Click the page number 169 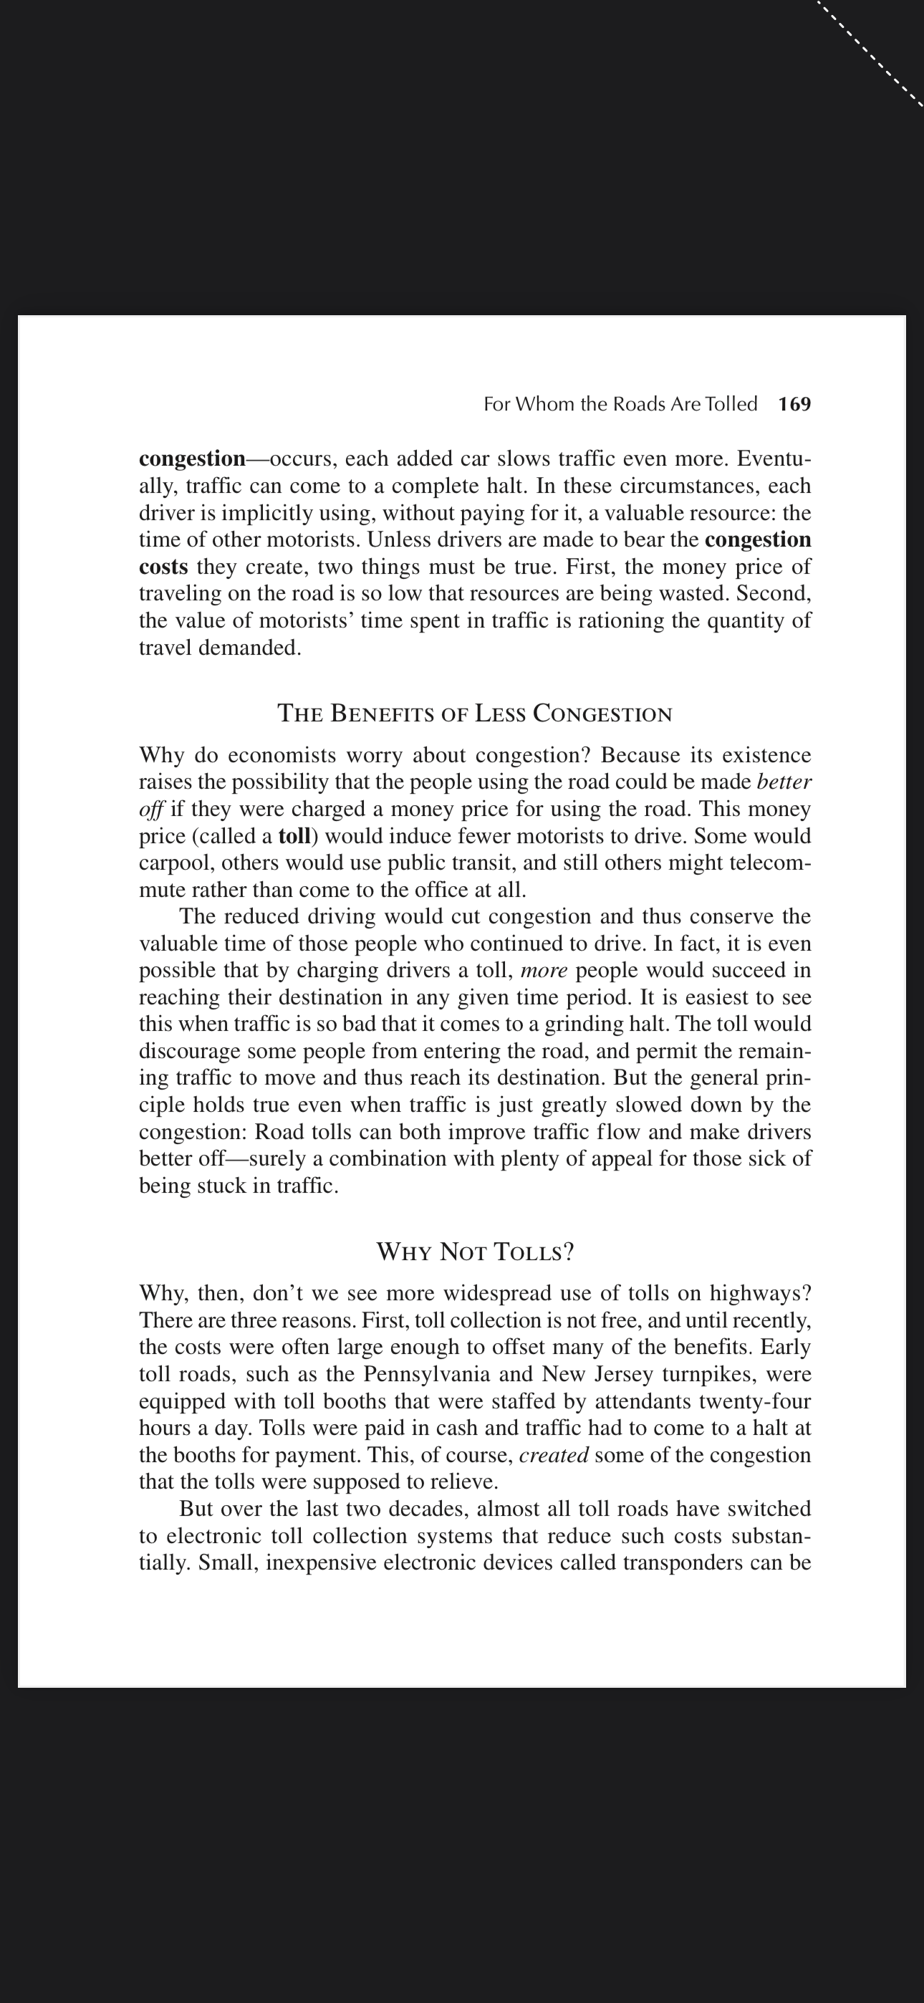pos(794,404)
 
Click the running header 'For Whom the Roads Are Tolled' pos(620,404)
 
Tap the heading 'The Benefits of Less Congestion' pos(474,714)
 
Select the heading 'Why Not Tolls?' pos(474,1252)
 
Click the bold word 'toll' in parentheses pos(294,837)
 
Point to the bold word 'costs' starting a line pos(163,567)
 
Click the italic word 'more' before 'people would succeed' pos(544,971)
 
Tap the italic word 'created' pos(553,1455)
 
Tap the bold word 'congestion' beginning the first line pos(192,458)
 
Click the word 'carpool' pos(175,863)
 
